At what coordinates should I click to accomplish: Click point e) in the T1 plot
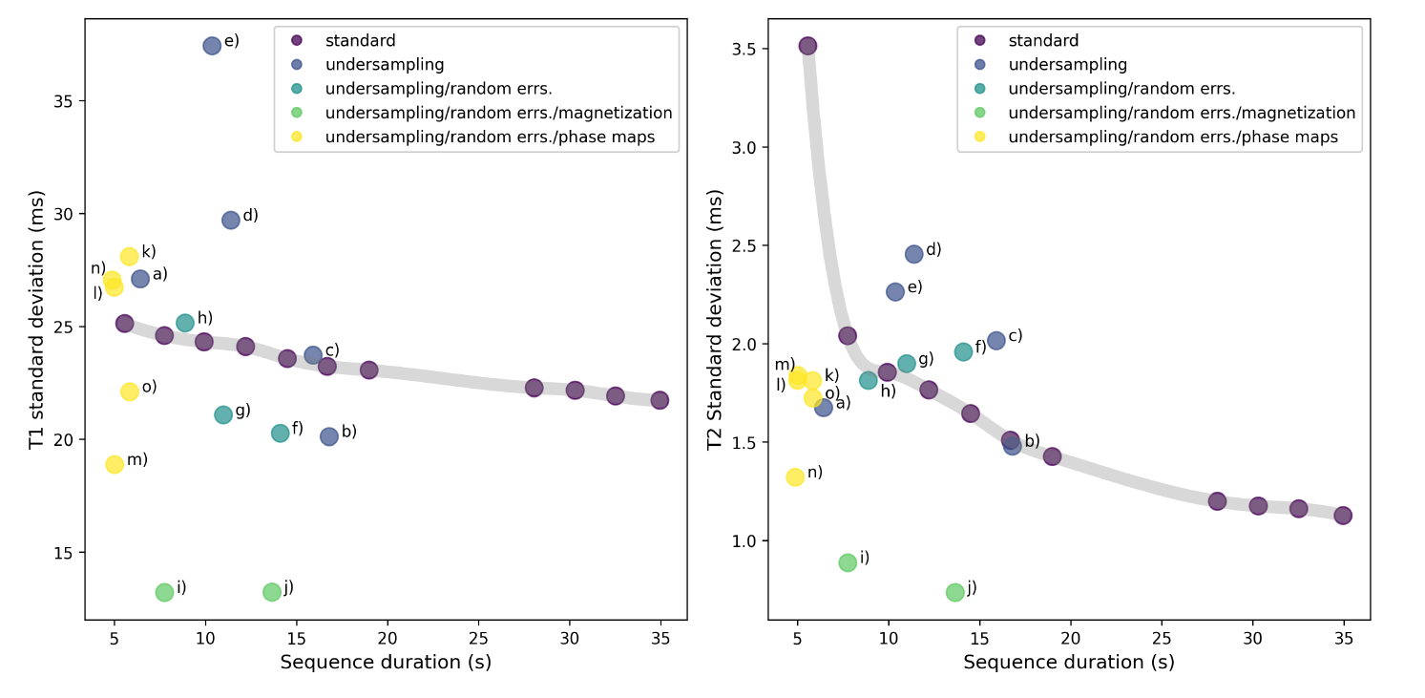[x=212, y=46]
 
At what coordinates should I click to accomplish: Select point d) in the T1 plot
[x=231, y=221]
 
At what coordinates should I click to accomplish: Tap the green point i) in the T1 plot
[x=164, y=592]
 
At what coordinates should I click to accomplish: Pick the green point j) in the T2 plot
[x=954, y=592]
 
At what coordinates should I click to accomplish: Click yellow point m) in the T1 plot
[x=115, y=464]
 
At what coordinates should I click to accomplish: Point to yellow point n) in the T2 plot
[x=795, y=476]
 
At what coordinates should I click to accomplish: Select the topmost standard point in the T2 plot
[x=807, y=46]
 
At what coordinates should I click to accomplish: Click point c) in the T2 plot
[x=996, y=340]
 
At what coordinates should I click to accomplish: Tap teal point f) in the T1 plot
[x=280, y=433]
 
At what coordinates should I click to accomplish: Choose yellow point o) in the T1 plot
[x=130, y=391]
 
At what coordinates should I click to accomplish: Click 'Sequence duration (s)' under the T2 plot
[x=1068, y=662]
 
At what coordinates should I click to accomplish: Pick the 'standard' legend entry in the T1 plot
[x=360, y=41]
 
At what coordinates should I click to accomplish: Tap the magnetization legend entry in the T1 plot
[x=498, y=113]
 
